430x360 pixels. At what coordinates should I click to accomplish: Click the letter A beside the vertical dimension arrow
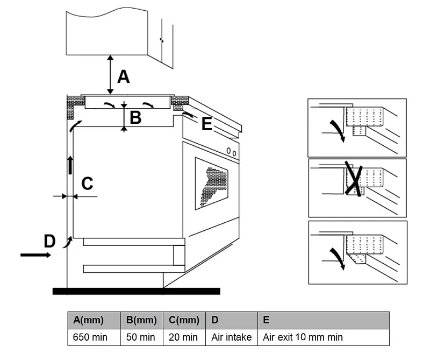pos(124,76)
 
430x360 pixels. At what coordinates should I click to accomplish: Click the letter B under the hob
pos(135,117)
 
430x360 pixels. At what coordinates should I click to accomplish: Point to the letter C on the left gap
pos(88,183)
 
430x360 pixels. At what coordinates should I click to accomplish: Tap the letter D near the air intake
pos(49,241)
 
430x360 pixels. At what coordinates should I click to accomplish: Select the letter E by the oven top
pos(207,124)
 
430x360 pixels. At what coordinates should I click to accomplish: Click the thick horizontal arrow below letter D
pos(35,255)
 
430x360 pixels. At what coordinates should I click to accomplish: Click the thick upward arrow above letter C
pos(70,165)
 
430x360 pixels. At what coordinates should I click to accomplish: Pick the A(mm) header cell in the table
pos(94,320)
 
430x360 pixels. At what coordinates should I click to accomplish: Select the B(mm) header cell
pos(142,320)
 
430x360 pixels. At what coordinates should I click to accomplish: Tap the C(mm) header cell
pos(184,320)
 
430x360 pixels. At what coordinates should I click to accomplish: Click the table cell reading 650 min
pos(94,337)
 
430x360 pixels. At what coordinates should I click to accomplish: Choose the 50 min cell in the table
pos(142,337)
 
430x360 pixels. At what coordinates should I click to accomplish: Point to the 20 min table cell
pos(184,337)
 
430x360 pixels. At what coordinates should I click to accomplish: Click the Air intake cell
pos(232,337)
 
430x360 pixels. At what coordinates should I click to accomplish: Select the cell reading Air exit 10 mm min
pos(324,337)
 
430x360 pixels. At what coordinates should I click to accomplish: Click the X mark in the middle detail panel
pos(354,179)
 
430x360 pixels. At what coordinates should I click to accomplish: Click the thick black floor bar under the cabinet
pos(137,291)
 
